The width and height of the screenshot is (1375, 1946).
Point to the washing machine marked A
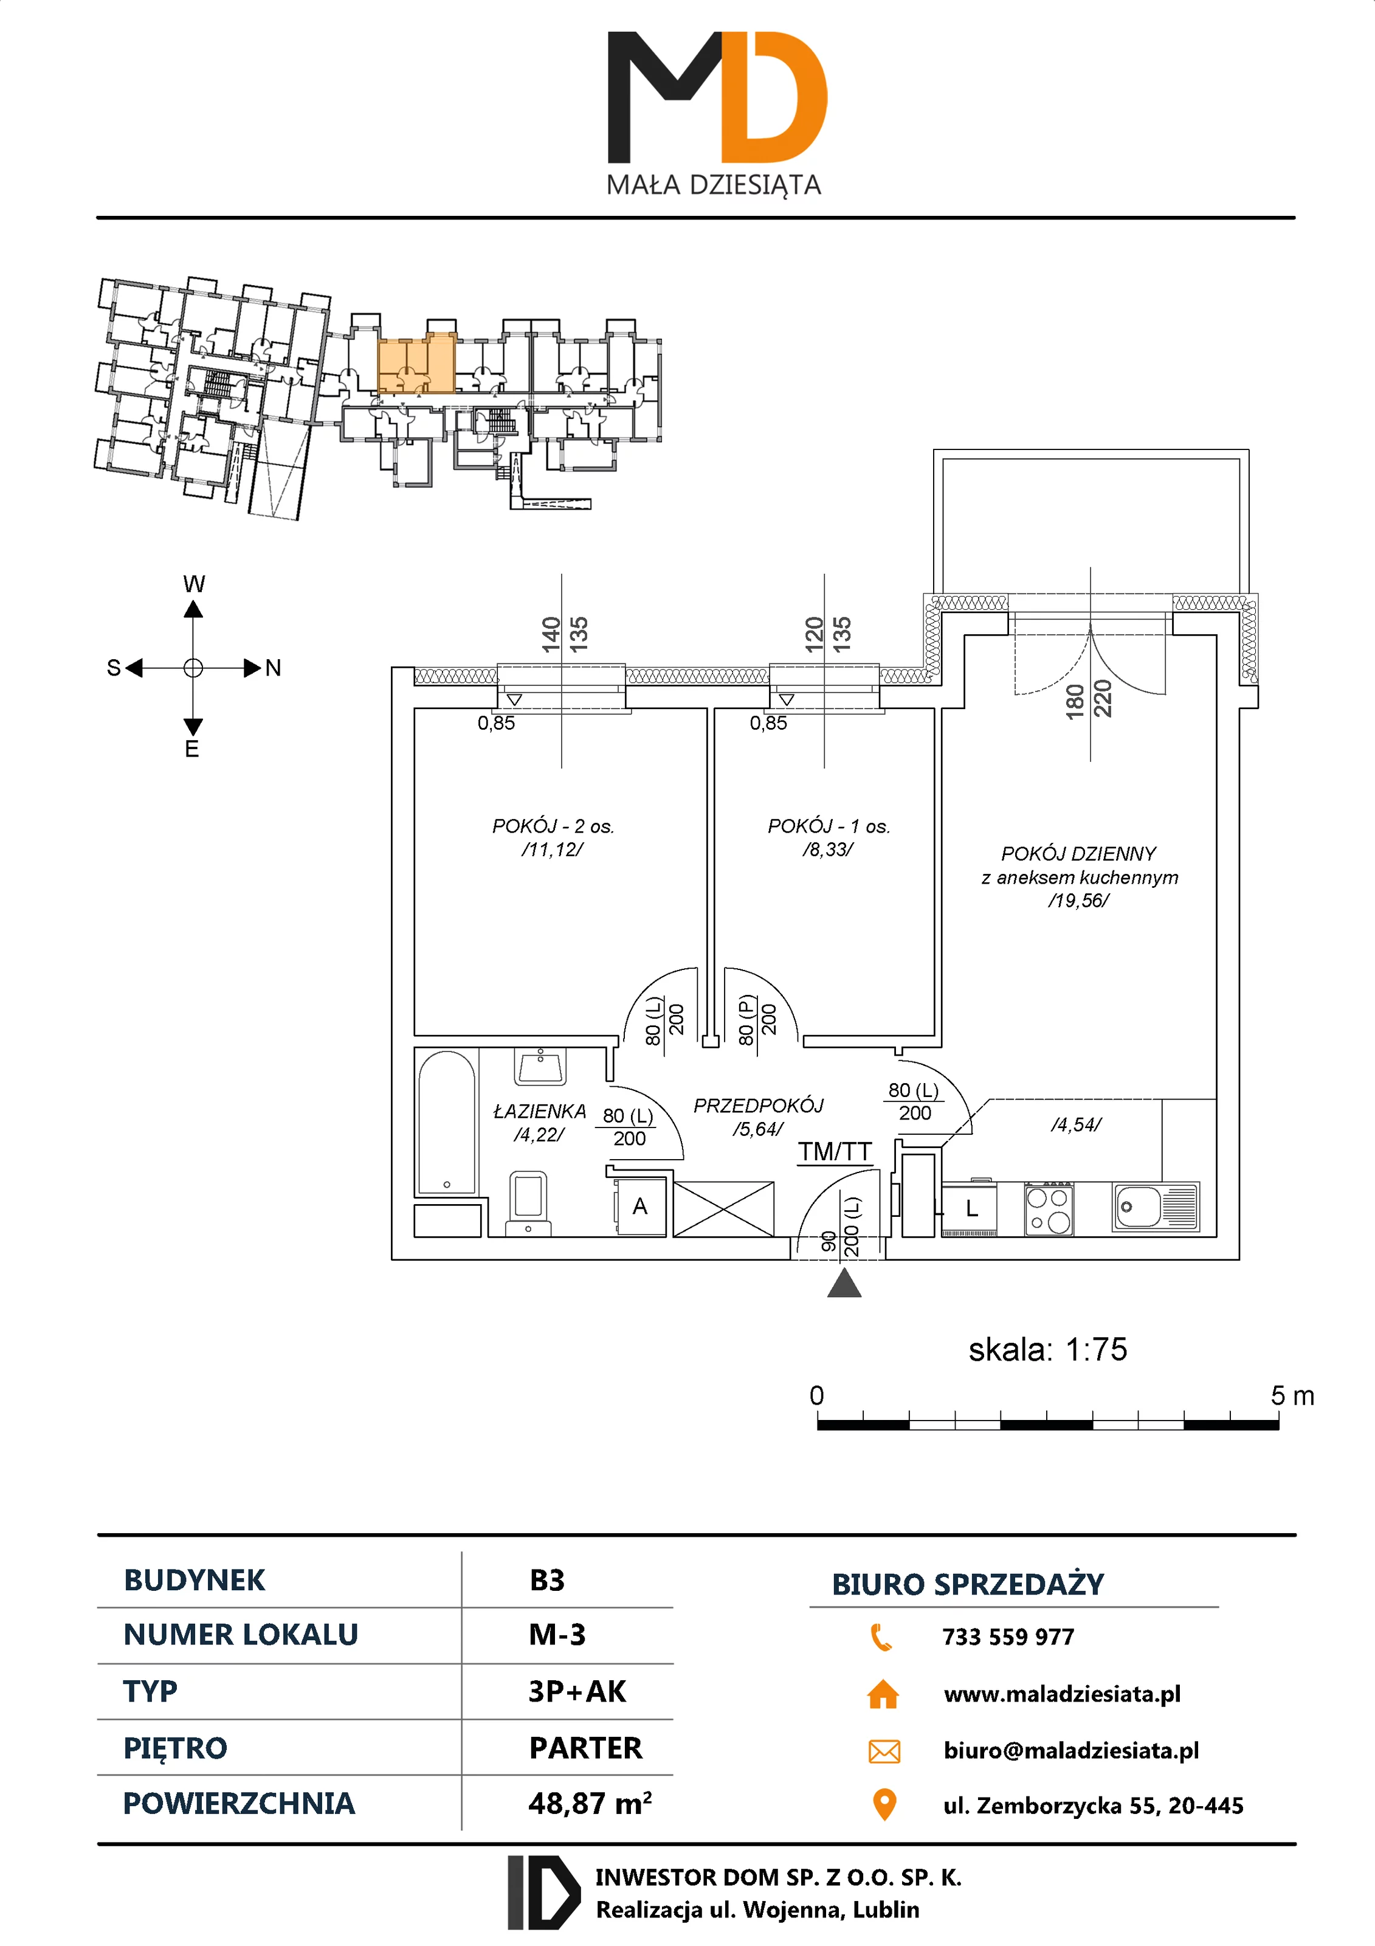point(641,1206)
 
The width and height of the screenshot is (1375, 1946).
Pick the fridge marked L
point(971,1208)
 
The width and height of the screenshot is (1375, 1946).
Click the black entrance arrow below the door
point(844,1284)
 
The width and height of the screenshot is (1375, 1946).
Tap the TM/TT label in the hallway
point(835,1152)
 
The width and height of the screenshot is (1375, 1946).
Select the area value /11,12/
point(553,850)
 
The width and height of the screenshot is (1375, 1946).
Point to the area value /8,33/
point(828,850)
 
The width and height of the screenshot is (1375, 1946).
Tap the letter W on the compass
point(194,584)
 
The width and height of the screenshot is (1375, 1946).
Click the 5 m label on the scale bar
point(1292,1396)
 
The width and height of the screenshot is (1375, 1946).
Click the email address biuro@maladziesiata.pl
point(1071,1750)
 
